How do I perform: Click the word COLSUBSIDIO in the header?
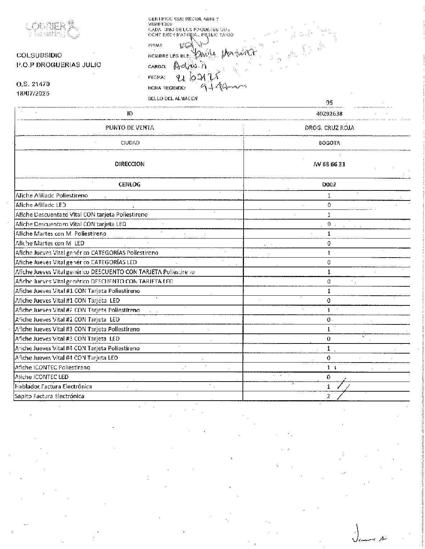coord(39,55)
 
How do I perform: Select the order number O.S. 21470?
coord(33,84)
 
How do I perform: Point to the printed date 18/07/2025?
coord(33,93)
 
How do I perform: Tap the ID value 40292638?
coord(329,114)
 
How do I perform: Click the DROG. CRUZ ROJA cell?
coord(329,128)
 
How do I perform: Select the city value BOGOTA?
coord(329,143)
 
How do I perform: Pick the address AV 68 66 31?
coord(329,164)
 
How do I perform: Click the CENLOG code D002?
coord(329,185)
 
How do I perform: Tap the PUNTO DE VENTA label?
coord(130,128)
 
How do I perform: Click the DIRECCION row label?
coord(130,164)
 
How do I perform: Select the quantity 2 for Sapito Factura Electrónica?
coord(328,396)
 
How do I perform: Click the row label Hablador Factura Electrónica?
coord(53,387)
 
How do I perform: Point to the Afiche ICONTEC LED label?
coord(42,377)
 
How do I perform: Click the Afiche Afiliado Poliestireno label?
coord(52,195)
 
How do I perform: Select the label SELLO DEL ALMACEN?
coord(172,98)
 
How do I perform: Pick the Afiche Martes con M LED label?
coord(50,243)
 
